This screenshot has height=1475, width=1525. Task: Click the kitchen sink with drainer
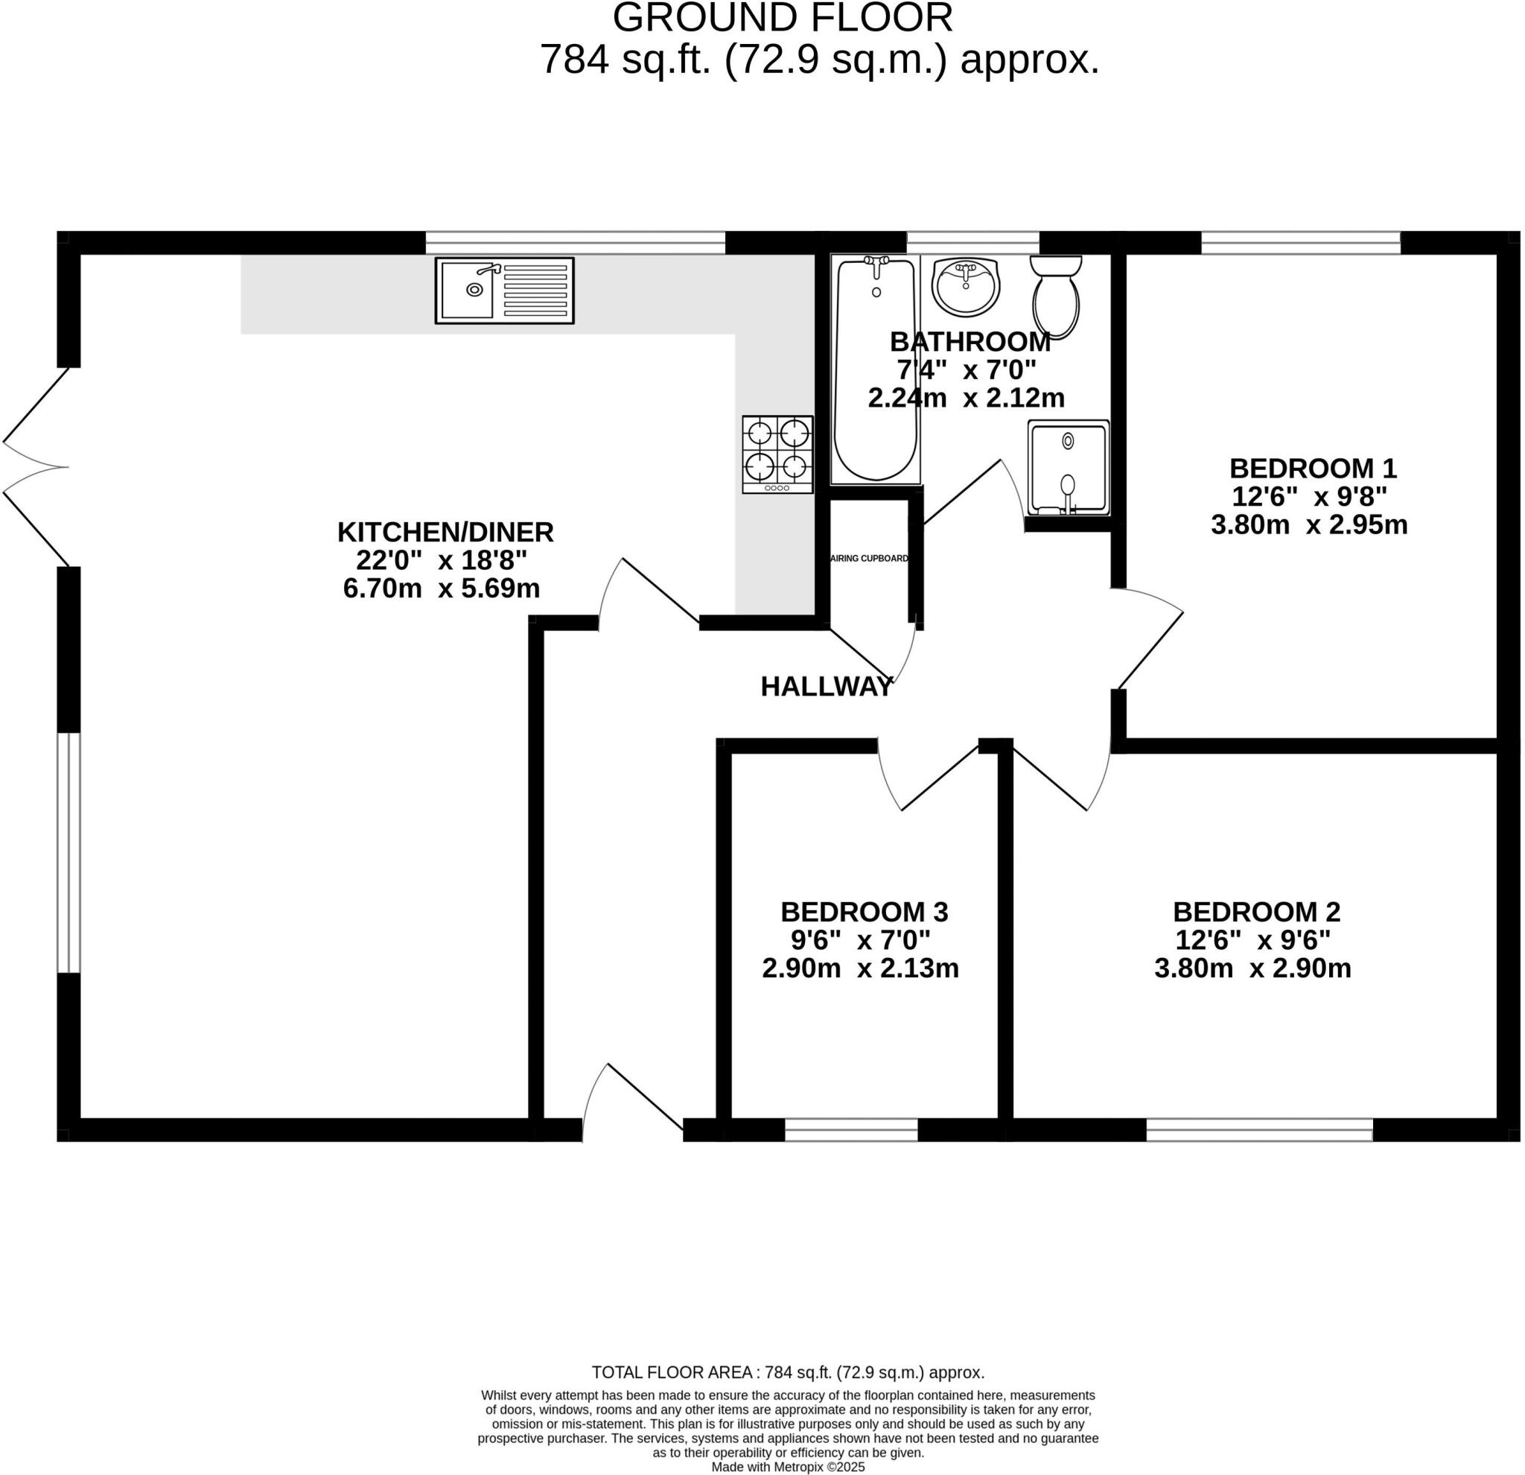click(504, 291)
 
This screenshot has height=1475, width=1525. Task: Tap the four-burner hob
click(777, 454)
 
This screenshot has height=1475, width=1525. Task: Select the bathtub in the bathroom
click(876, 369)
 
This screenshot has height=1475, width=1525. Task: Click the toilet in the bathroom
click(1056, 296)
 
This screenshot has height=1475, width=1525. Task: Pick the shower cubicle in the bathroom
click(1069, 468)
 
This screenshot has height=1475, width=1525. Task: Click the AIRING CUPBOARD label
click(869, 558)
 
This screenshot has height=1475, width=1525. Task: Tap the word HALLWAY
click(827, 687)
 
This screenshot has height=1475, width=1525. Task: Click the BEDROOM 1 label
click(1313, 468)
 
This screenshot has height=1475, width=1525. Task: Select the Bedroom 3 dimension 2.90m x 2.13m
click(860, 968)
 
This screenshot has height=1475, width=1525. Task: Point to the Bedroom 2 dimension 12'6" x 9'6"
click(1252, 940)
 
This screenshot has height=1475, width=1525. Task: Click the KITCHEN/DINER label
click(445, 532)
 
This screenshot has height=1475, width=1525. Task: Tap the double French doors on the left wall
click(35, 467)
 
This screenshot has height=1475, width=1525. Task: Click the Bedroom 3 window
click(851, 1129)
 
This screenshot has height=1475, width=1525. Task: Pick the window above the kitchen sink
click(575, 242)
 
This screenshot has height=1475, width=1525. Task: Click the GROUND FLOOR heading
click(782, 18)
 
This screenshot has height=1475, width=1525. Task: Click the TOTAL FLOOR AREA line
click(787, 1371)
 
